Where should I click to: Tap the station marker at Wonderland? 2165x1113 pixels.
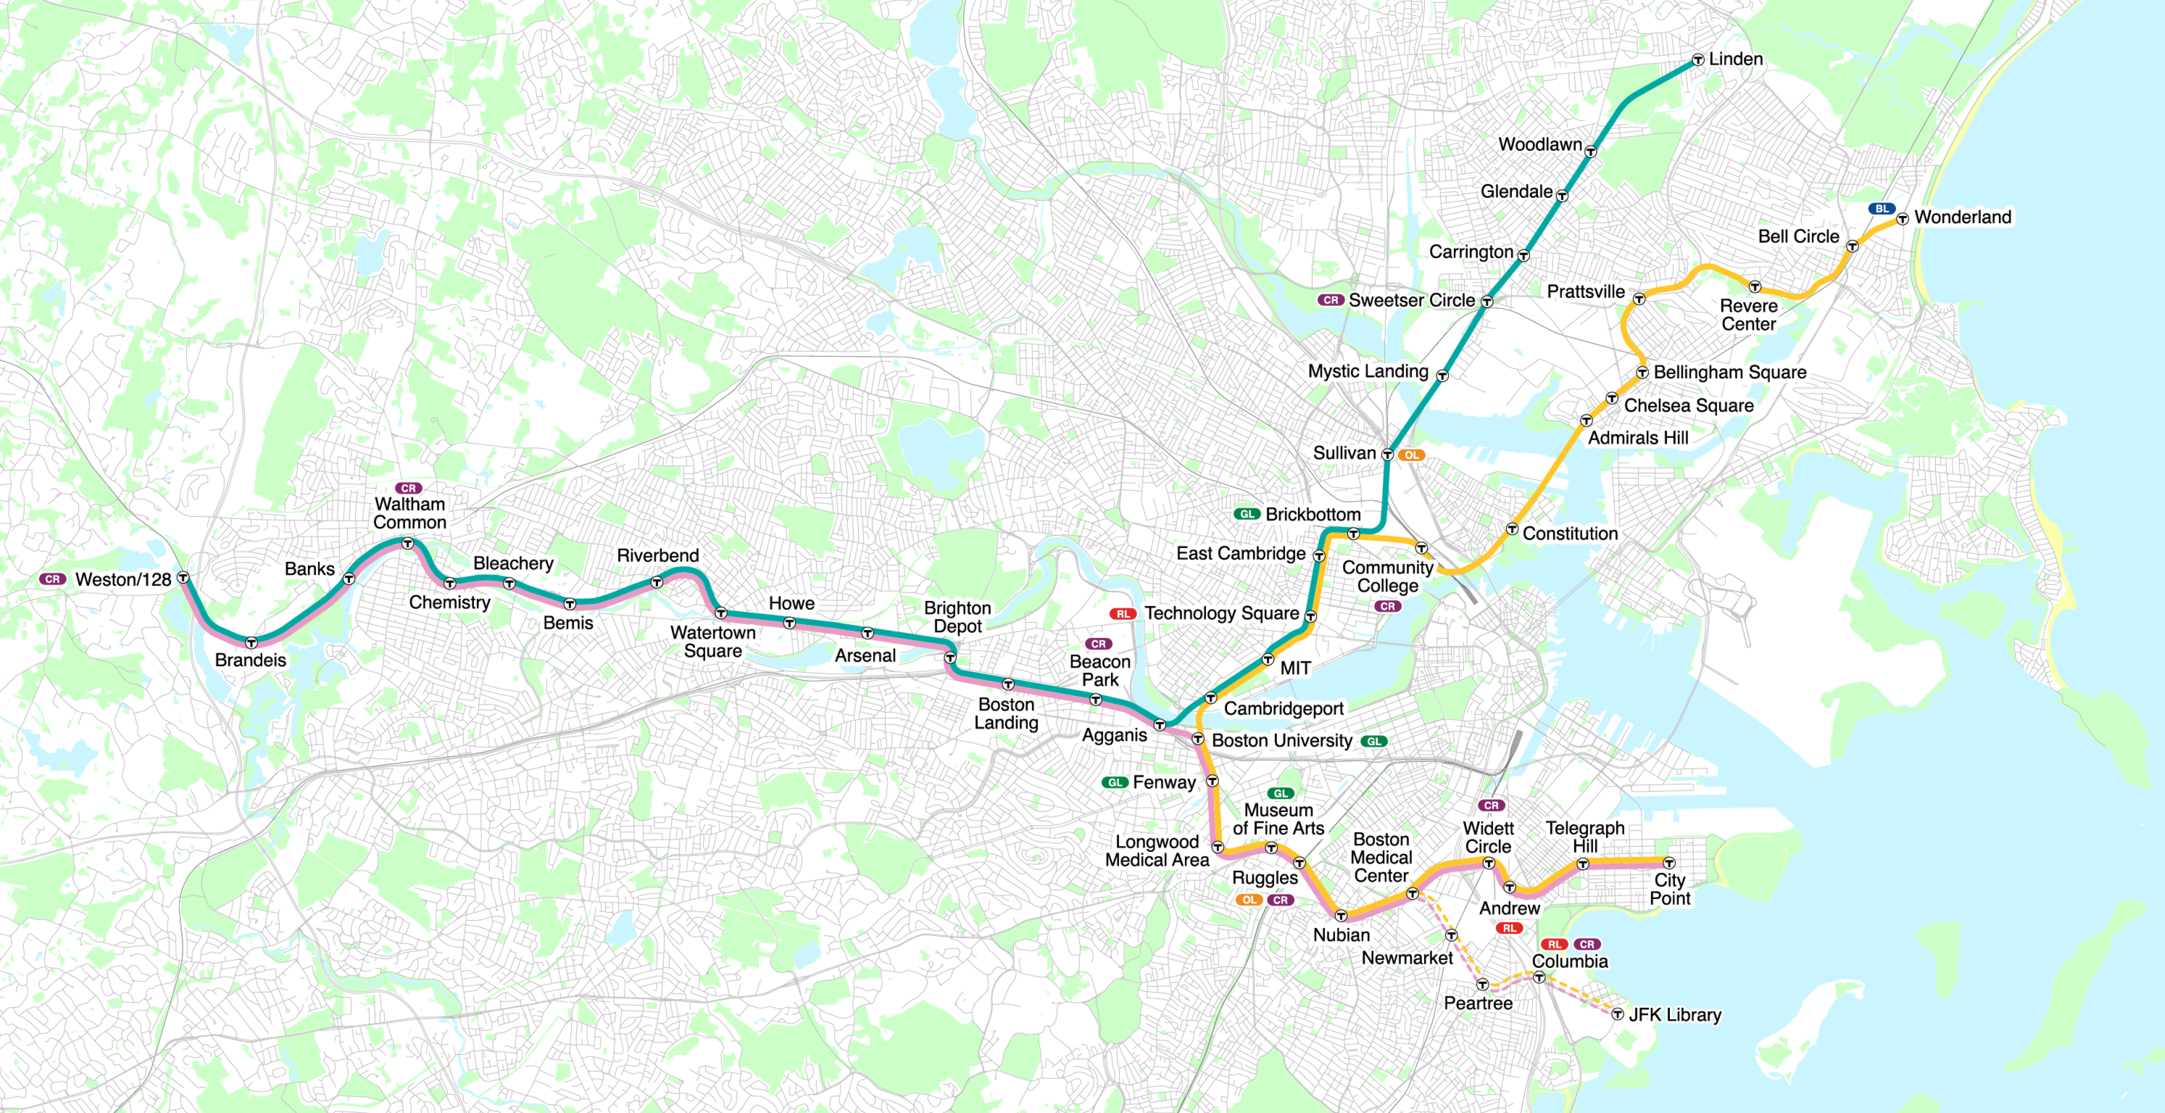[1902, 218]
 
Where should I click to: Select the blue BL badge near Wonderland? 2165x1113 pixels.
[1881, 209]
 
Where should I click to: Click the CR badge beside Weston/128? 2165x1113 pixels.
[52, 579]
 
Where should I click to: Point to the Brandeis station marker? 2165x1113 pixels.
[252, 642]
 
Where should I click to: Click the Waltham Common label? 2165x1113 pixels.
[410, 513]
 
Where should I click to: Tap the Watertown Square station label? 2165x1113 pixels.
[712, 642]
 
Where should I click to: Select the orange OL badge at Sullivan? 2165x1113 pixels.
[1411, 455]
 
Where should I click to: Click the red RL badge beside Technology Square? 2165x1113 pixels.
[1123, 613]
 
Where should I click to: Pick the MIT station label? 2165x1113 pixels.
[1295, 669]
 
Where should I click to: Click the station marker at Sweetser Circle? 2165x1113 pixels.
[1487, 301]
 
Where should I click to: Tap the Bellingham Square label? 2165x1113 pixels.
[1729, 371]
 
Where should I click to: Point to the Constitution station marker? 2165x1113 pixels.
[1512, 529]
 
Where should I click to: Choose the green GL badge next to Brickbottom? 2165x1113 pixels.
[1247, 513]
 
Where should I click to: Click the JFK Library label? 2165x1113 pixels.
[1675, 1014]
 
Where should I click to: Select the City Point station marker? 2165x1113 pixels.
[1669, 863]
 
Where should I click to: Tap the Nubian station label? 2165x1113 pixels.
[1342, 935]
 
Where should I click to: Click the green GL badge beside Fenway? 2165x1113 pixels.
[1115, 782]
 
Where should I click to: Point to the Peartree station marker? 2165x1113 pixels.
[1482, 983]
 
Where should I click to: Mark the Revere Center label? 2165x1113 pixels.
[1748, 315]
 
